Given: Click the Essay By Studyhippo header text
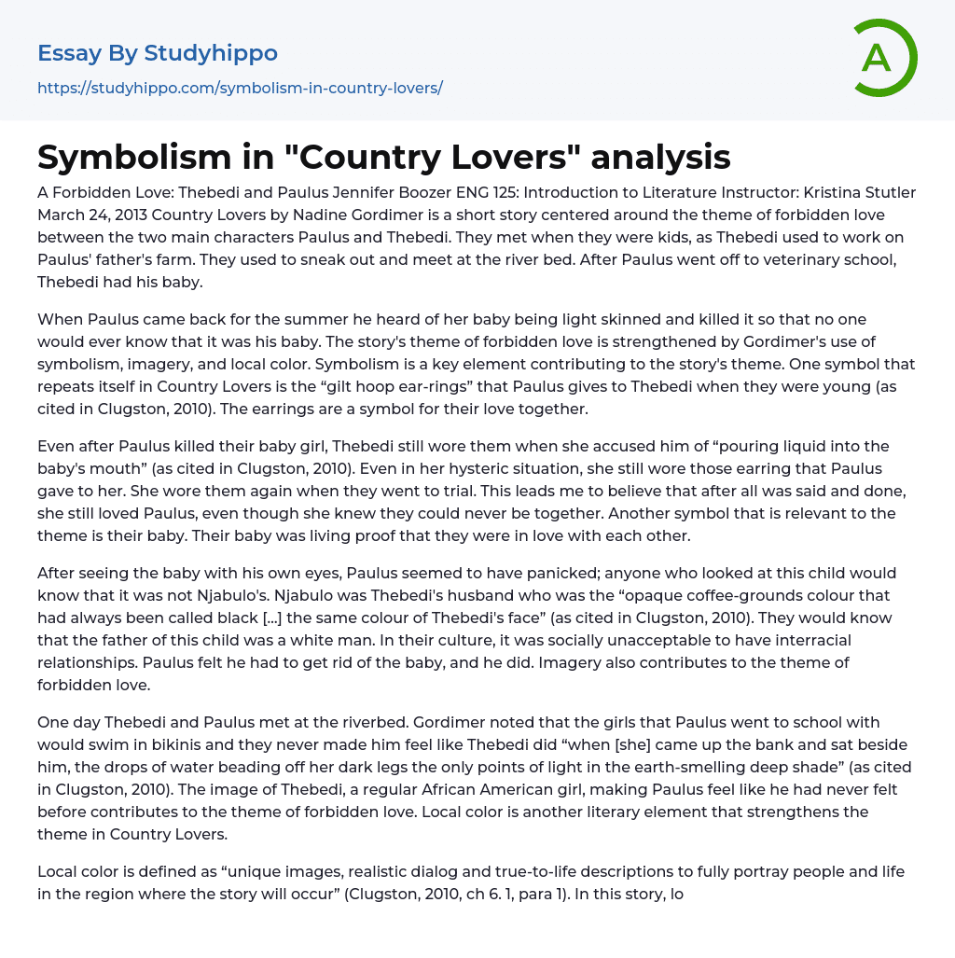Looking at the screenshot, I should coord(158,53).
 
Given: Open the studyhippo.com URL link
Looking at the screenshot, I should coord(240,88).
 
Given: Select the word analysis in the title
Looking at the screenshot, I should coord(660,157).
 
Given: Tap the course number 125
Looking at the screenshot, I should coord(566,193).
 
